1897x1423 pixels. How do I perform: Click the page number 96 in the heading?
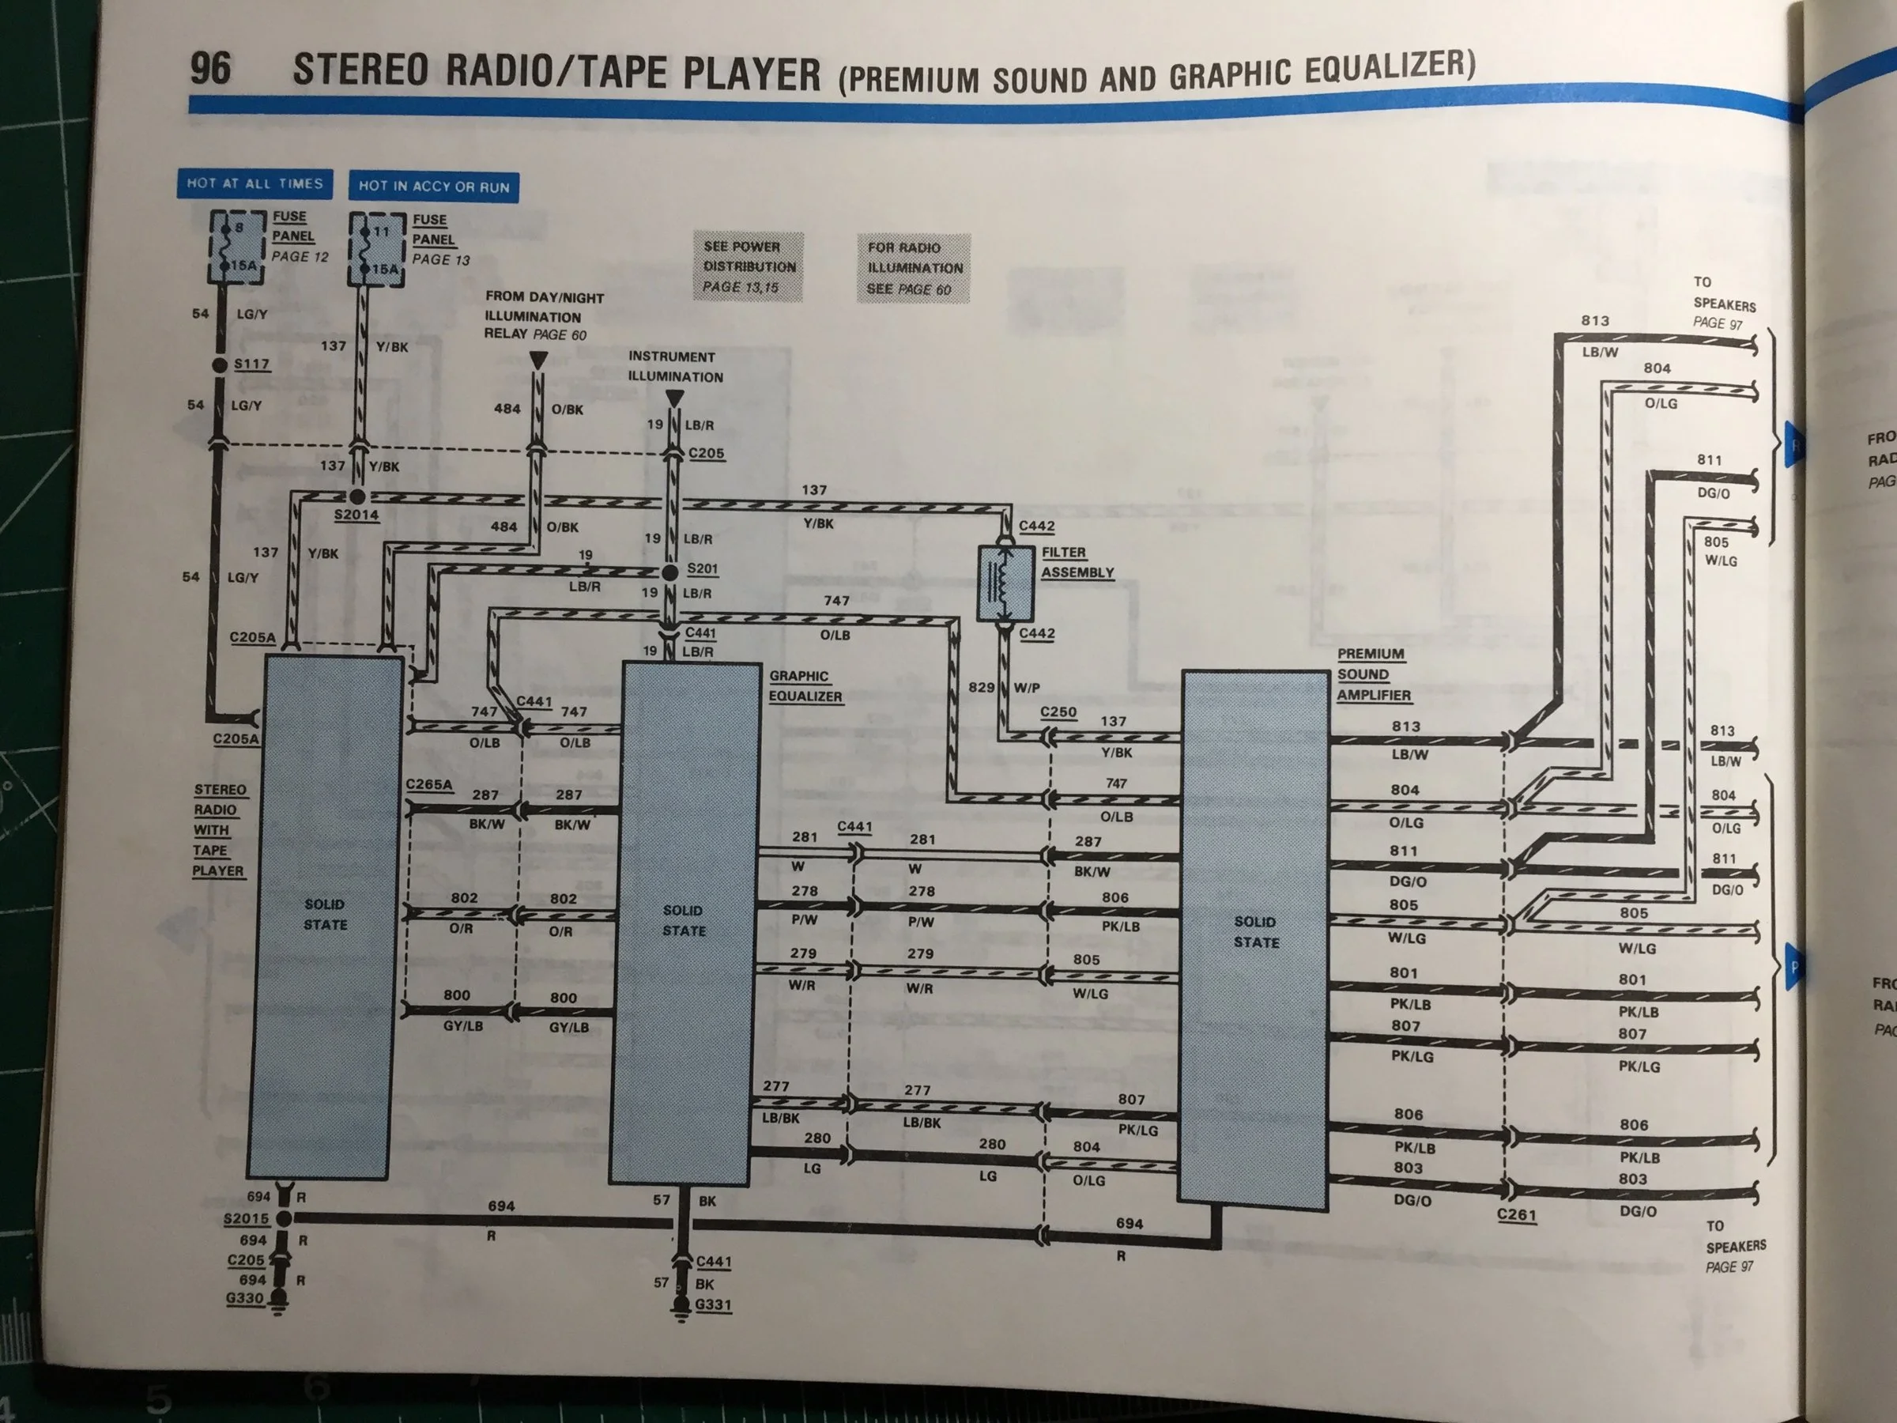coord(210,68)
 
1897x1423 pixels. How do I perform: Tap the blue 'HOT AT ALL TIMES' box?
coord(255,183)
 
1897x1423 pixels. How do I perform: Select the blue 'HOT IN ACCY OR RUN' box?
coord(433,186)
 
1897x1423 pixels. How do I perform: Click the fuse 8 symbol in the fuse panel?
coord(238,246)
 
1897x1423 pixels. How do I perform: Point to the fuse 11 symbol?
coord(376,250)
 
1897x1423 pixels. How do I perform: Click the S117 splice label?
coord(252,364)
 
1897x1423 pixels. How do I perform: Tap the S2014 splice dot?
coord(357,496)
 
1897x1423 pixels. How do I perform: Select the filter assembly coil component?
coord(1005,583)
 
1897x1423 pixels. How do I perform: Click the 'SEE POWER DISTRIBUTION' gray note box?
coord(749,266)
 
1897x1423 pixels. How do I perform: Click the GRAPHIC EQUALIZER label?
coord(805,686)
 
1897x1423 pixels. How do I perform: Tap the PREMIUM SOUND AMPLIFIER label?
coord(1374,674)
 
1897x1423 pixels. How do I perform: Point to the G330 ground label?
coord(244,1298)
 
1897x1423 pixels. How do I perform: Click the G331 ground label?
coord(714,1304)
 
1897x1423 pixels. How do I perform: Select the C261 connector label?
coord(1516,1214)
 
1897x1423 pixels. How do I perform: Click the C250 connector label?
coord(1058,712)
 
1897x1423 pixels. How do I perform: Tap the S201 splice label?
coord(703,568)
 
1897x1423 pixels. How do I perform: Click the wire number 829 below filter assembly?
coord(981,687)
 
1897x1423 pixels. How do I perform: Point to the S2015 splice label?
coord(246,1218)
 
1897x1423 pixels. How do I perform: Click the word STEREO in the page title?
coord(360,70)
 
